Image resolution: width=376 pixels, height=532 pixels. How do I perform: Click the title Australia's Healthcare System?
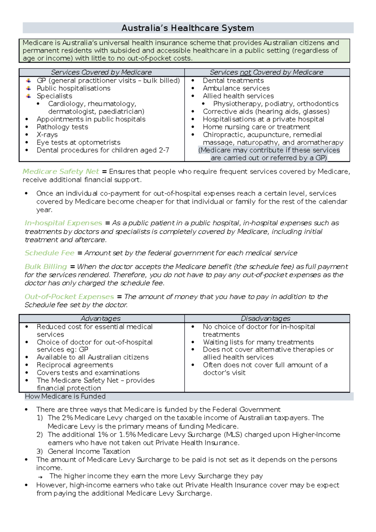tap(188, 28)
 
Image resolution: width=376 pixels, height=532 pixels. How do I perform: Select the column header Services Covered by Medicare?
tap(101, 72)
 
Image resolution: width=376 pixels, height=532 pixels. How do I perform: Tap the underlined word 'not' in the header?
tap(246, 72)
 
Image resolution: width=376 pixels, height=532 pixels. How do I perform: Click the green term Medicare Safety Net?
tap(61, 171)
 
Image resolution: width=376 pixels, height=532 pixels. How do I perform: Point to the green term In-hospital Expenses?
tap(63, 223)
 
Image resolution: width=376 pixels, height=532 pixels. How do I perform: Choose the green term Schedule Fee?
tap(50, 253)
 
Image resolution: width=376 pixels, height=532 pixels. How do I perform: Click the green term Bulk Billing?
tap(46, 267)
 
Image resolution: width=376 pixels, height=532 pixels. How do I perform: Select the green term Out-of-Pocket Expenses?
tap(69, 297)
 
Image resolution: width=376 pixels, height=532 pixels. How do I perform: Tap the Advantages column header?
tap(101, 318)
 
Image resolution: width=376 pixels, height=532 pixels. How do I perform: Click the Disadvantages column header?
tap(265, 318)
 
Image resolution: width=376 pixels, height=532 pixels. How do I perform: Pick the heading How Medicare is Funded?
tap(65, 396)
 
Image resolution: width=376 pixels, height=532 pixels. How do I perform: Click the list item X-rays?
tap(47, 135)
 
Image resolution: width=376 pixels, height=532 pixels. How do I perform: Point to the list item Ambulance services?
tap(236, 88)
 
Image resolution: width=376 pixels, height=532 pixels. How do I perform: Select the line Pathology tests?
tap(62, 127)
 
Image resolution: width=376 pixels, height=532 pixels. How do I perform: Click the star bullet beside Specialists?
tap(29, 96)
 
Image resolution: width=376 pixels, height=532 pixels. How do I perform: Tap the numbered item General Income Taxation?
tap(89, 451)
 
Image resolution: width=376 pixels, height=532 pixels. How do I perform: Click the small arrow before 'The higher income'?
tap(40, 477)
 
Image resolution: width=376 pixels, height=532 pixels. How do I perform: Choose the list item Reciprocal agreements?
tap(75, 365)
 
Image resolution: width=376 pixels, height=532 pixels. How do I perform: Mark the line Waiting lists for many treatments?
tap(258, 342)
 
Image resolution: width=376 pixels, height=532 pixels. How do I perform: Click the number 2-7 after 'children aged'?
tap(164, 150)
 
